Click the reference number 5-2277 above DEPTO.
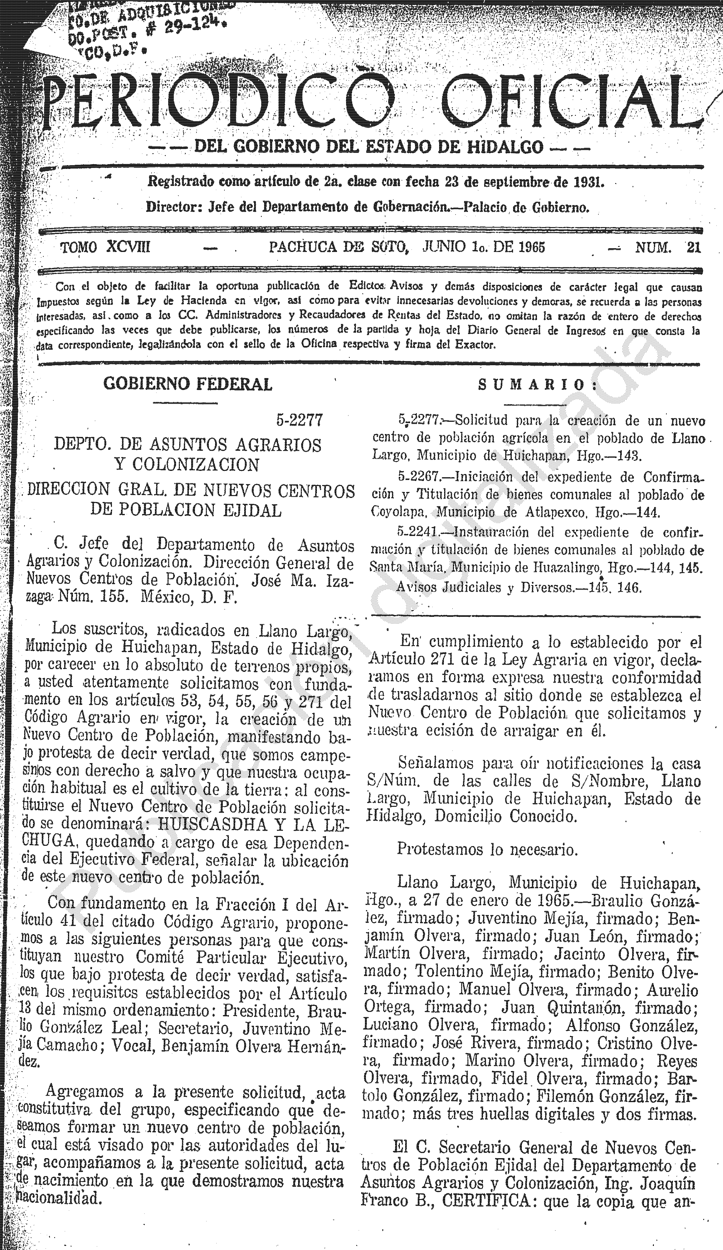(300, 421)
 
